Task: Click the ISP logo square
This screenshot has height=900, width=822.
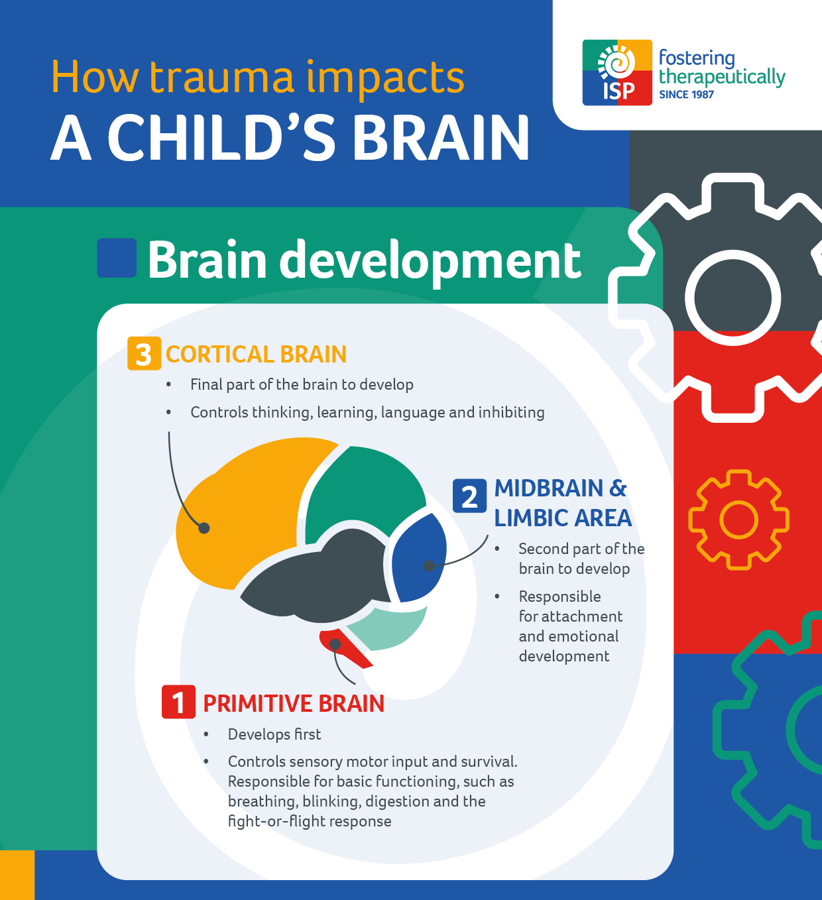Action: click(617, 73)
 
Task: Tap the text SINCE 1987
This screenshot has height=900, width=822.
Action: click(686, 95)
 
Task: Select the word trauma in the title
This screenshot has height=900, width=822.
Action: click(222, 78)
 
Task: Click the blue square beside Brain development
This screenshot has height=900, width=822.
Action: click(117, 258)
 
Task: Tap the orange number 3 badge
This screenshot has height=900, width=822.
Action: click(144, 354)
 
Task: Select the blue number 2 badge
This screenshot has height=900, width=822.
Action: click(469, 496)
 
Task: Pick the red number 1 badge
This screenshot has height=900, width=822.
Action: click(178, 702)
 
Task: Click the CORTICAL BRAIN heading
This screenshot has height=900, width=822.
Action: click(256, 355)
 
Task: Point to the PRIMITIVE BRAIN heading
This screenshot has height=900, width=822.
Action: click(294, 703)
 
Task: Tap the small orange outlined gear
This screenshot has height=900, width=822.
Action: click(738, 520)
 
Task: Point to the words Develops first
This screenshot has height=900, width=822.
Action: click(274, 734)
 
